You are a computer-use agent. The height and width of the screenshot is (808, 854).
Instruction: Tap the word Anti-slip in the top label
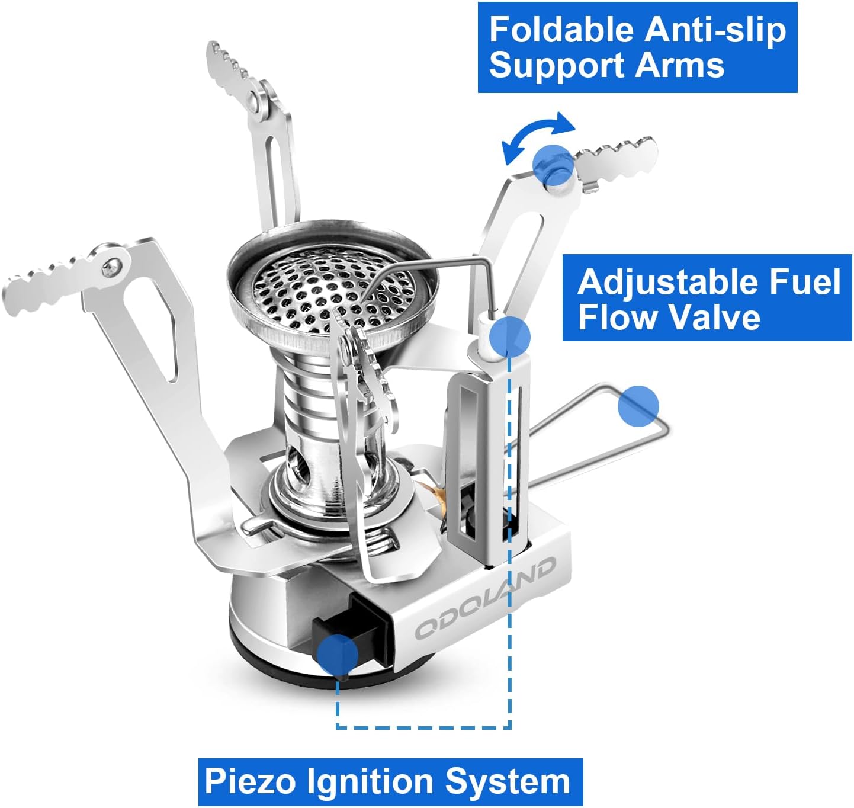(x=715, y=30)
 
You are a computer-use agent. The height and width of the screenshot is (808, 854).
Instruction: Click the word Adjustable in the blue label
(x=669, y=282)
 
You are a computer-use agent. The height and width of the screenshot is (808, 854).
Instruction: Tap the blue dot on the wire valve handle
(x=638, y=406)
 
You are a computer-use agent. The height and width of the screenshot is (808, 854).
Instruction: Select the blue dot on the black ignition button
(x=338, y=655)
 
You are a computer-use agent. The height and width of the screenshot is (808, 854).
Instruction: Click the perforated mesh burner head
(x=331, y=288)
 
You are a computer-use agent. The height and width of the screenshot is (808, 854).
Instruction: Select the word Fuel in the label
(x=807, y=282)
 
